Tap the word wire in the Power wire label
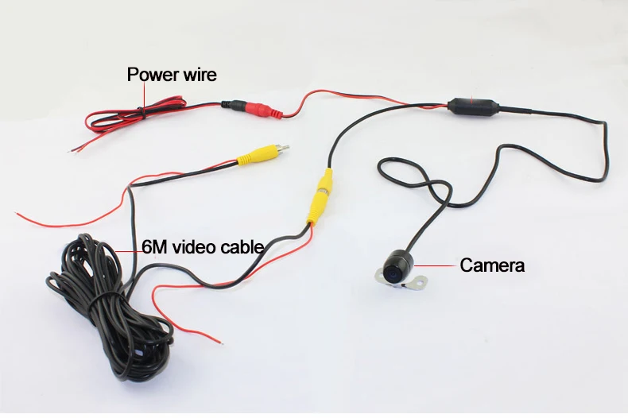pyautogui.click(x=200, y=75)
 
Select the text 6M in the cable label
pyautogui.click(x=155, y=247)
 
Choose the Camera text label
pyautogui.click(x=492, y=265)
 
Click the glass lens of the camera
pyautogui.click(x=392, y=273)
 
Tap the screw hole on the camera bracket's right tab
pyautogui.click(x=421, y=282)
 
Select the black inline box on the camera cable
pyautogui.click(x=473, y=106)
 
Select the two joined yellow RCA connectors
pyautogui.click(x=320, y=195)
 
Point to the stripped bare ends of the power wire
pyautogui.click(x=75, y=149)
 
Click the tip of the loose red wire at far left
pyautogui.click(x=17, y=214)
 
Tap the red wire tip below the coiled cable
pyautogui.click(x=221, y=343)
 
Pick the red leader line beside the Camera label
pyautogui.click(x=436, y=265)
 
